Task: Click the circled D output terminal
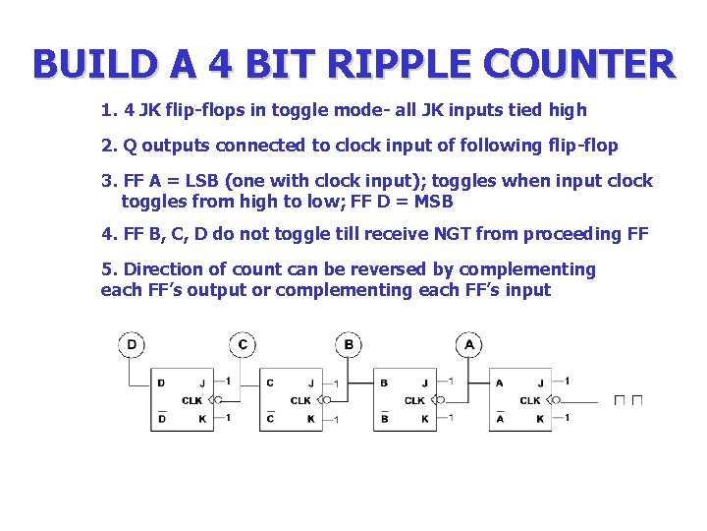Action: (x=132, y=345)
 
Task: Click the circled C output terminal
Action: (x=243, y=345)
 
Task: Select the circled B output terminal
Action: (x=349, y=345)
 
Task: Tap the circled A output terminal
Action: (x=469, y=345)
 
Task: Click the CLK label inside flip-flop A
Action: (x=529, y=400)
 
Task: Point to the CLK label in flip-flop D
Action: (x=192, y=400)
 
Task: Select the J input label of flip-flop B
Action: (x=425, y=383)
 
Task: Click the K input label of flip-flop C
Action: (x=310, y=419)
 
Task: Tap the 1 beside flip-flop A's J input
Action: (x=567, y=382)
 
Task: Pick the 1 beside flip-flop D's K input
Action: (x=228, y=418)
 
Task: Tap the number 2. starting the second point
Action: (x=108, y=146)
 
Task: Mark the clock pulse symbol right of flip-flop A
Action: (x=628, y=400)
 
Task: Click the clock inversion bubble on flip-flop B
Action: (x=440, y=400)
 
